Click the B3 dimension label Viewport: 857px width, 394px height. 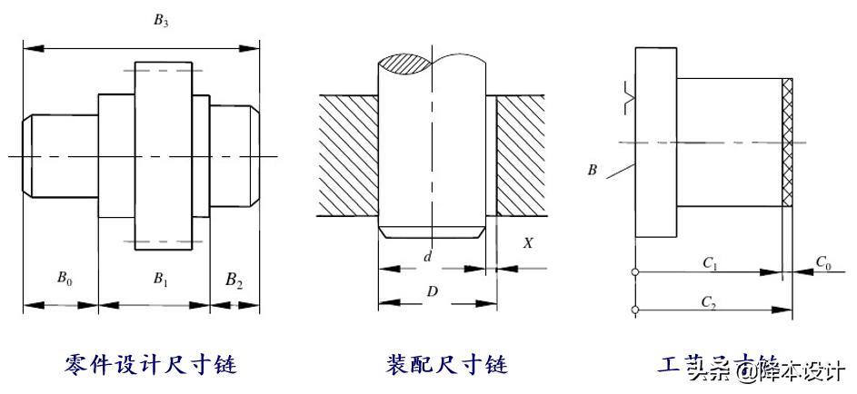pyautogui.click(x=161, y=23)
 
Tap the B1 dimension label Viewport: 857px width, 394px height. pyautogui.click(x=161, y=280)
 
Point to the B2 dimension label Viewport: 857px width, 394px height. pyautogui.click(x=234, y=280)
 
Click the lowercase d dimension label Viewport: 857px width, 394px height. pyautogui.click(x=427, y=257)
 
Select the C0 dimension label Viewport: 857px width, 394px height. pyautogui.click(x=822, y=262)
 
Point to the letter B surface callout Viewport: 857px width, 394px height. pyautogui.click(x=593, y=169)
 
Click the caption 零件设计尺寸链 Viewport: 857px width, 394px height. pyautogui.click(x=151, y=365)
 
